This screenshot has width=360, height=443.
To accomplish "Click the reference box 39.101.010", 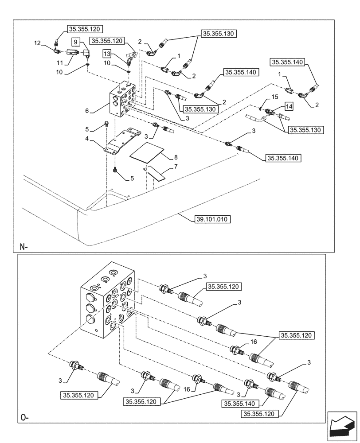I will pyautogui.click(x=212, y=219).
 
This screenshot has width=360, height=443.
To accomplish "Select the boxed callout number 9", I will pyautogui.click(x=76, y=42).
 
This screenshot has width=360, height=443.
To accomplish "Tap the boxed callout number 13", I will pyautogui.click(x=107, y=54).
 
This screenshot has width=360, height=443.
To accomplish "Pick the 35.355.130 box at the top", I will pyautogui.click(x=220, y=33).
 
